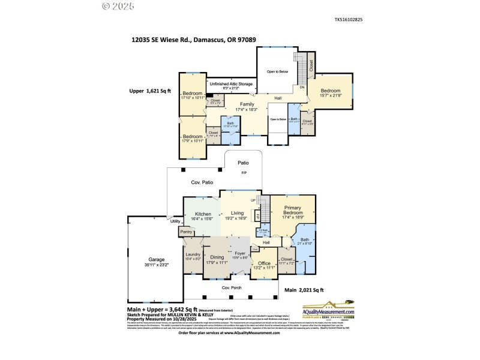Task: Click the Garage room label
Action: pos(156,259)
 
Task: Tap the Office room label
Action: pos(264,263)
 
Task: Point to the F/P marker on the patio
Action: pos(244,173)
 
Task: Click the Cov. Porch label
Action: pos(231,287)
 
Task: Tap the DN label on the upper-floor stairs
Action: pos(302,87)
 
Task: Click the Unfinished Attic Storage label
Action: pos(230,84)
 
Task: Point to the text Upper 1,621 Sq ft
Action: pos(151,91)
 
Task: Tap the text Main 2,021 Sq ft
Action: pos(304,290)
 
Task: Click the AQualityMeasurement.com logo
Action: pos(336,310)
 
